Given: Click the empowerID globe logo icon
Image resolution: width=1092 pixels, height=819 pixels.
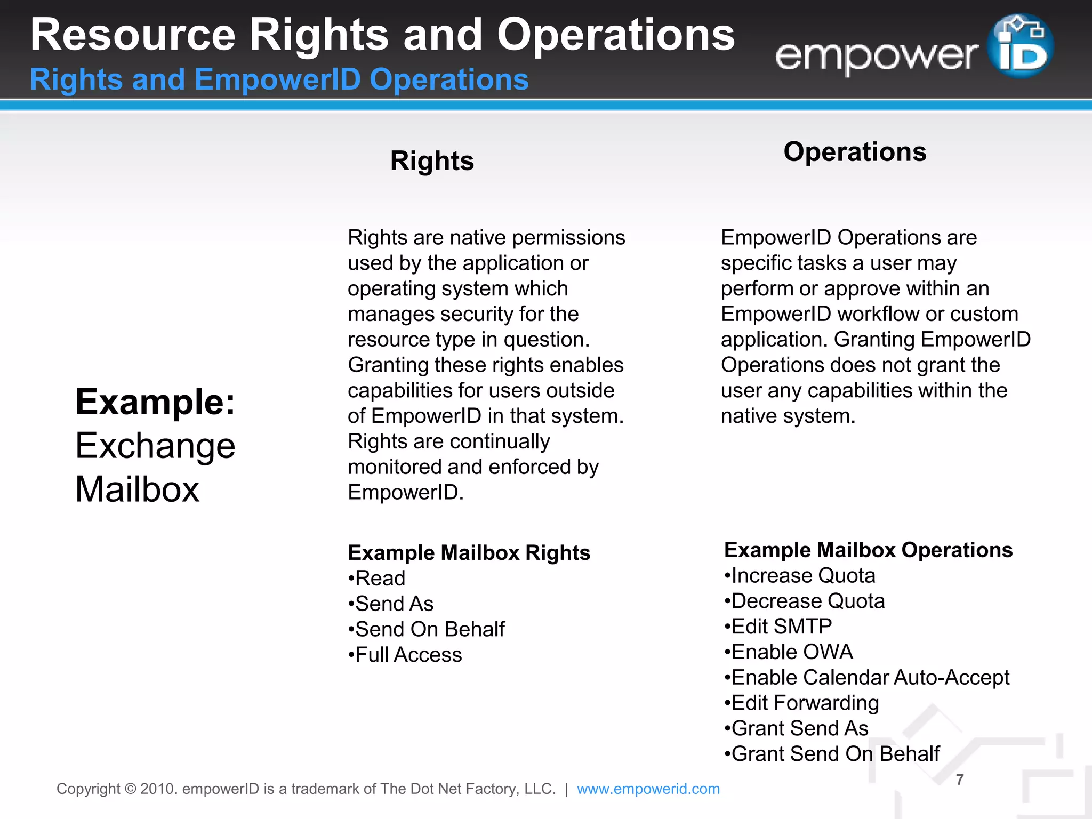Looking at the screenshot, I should (x=1020, y=46).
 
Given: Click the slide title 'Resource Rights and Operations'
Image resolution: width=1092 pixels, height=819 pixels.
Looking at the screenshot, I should (x=382, y=35).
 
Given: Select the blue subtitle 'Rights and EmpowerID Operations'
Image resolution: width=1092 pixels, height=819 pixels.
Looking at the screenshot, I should (x=279, y=80).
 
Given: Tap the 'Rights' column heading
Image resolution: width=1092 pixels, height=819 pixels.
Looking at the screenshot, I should (x=432, y=161).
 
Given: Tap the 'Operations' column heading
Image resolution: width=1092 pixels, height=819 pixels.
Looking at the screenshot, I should (x=855, y=152).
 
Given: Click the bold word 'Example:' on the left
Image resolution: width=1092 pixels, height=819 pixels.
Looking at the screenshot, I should (x=155, y=402).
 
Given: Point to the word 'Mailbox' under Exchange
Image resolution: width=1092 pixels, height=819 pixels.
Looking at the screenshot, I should (x=137, y=489).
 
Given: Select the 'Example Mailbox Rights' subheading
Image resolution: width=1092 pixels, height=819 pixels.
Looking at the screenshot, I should (x=469, y=553).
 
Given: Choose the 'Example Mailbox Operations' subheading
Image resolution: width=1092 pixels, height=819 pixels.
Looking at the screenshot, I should (x=868, y=550).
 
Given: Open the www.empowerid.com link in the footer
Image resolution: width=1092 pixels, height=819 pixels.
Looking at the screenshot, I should (x=648, y=789).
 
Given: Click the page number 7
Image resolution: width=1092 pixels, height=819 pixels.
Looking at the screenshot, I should (x=960, y=780).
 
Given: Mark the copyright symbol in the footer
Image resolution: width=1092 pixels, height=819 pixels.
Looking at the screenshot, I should (x=130, y=789).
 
